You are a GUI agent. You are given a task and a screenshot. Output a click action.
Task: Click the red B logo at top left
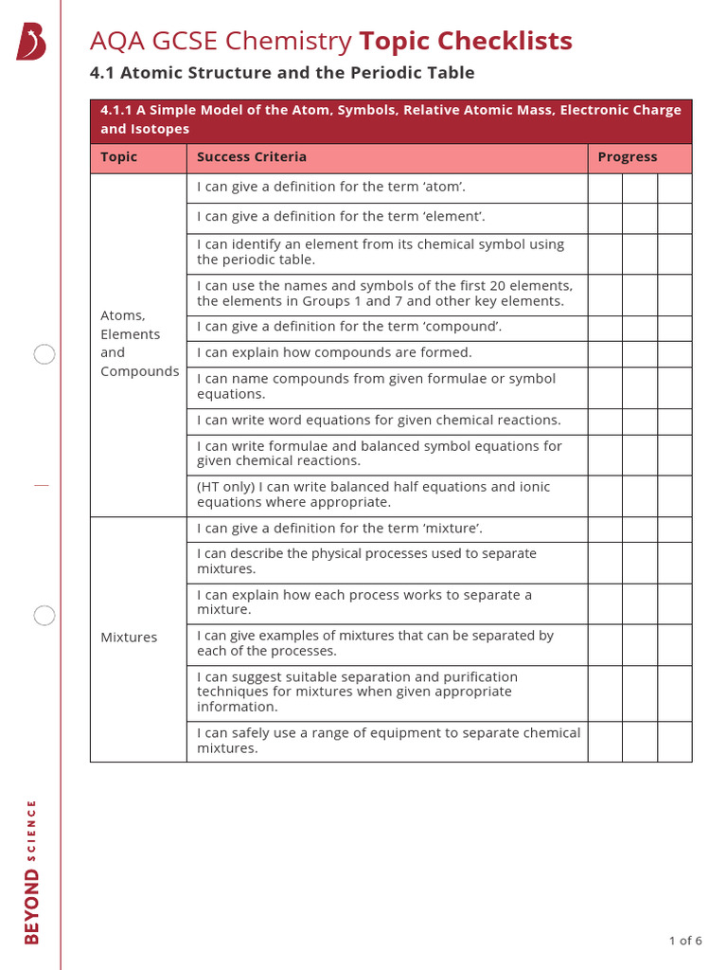coord(31,43)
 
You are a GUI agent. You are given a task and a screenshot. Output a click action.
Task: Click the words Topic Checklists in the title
coord(466,41)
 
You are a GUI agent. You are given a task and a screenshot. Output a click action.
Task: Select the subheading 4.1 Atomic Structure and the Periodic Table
coord(282,73)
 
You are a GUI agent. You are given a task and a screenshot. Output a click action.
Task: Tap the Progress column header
coord(627,157)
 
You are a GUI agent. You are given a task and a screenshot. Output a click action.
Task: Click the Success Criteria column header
coord(252,157)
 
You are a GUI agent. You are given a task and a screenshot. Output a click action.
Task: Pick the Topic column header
coord(119,157)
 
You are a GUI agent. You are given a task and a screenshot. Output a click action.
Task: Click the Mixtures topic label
coord(129,638)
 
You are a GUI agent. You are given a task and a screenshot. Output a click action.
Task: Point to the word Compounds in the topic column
coord(139,371)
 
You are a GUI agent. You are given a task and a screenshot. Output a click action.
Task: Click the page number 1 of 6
coord(685,941)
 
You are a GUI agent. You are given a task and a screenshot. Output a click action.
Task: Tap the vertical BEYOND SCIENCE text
coord(32,871)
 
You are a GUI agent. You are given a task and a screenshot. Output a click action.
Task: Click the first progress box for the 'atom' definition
coord(605,188)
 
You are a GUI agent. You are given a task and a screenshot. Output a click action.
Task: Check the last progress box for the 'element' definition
coord(675,218)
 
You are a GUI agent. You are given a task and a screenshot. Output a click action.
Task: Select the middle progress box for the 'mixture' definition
coord(640,529)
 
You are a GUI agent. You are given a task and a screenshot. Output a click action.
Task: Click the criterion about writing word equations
coord(379,420)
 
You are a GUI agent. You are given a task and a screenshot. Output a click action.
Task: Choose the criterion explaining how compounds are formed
coord(334,352)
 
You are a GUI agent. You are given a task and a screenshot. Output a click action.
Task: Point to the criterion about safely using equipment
coord(388,740)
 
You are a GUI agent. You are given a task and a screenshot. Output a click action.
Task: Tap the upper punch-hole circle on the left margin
coord(44,355)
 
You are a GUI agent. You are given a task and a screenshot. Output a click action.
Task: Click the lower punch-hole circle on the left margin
coord(44,616)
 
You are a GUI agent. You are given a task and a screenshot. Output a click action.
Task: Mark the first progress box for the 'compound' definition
coord(605,328)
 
